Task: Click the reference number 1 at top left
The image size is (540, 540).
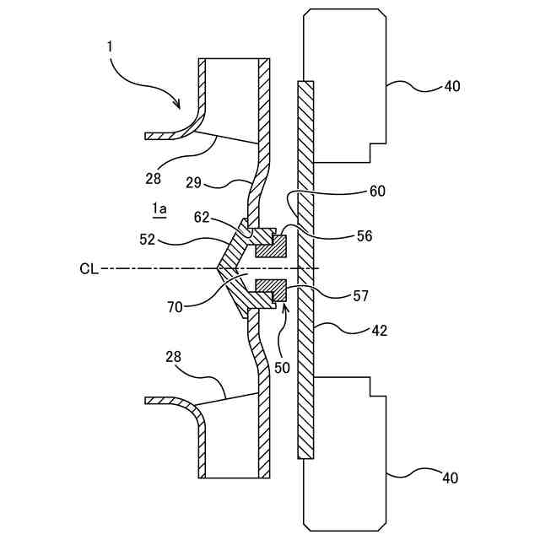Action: coord(110,45)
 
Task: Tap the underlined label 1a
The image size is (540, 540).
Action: coord(159,208)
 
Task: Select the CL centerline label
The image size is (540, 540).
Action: coord(89,269)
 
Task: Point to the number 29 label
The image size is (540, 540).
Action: coord(193,182)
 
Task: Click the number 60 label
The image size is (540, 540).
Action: coord(376,192)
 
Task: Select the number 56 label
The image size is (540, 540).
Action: coord(365,237)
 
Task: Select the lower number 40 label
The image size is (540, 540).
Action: coord(450,478)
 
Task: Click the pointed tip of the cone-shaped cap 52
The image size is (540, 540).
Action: coord(218,269)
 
